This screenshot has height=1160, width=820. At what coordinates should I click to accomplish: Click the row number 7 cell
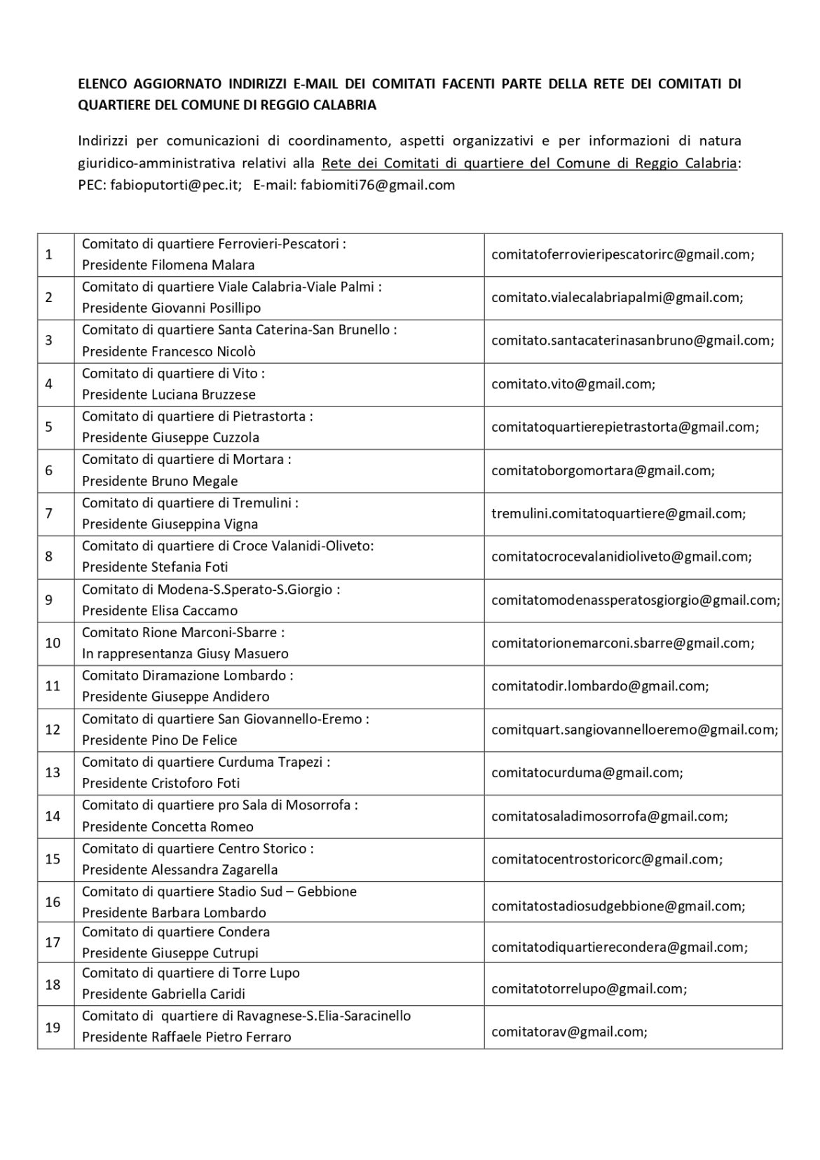[x=49, y=514]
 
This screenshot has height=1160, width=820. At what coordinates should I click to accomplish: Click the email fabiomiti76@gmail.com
[x=378, y=185]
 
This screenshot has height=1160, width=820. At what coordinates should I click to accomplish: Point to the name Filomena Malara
[x=203, y=265]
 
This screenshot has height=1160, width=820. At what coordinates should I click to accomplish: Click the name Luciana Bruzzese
[x=203, y=395]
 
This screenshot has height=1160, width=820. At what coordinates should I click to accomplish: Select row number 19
[x=53, y=1028]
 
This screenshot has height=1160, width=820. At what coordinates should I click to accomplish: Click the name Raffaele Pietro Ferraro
[x=221, y=1037]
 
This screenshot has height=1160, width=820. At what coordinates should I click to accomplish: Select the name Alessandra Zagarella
[x=214, y=870]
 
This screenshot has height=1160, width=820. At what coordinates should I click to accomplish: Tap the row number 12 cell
[x=53, y=730]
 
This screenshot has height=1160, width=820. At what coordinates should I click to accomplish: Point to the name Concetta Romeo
[x=203, y=827]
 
